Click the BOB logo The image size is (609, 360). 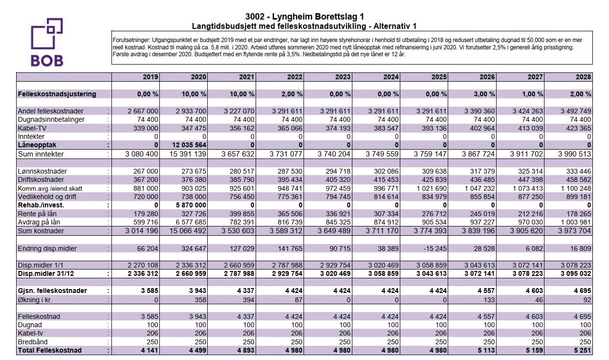click(x=47, y=42)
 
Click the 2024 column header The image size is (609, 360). click(x=391, y=77)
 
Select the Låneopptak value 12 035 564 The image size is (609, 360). click(x=189, y=145)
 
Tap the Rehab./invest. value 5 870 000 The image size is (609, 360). click(x=191, y=205)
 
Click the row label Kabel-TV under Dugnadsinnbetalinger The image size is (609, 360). click(x=32, y=128)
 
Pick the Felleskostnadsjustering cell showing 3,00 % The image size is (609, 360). click(x=484, y=94)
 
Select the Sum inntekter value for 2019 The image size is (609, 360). click(x=141, y=154)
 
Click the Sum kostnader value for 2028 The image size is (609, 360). click(x=574, y=231)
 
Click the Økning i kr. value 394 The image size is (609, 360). click(x=248, y=300)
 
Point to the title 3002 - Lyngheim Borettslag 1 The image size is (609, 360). click(x=304, y=17)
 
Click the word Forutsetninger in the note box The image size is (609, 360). click(x=131, y=40)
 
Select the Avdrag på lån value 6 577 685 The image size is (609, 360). click(x=191, y=222)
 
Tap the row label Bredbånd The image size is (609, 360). click(x=33, y=342)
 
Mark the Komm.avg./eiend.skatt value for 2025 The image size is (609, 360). click(x=432, y=188)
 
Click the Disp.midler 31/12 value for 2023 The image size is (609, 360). click(x=335, y=273)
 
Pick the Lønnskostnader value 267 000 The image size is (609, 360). click(x=146, y=171)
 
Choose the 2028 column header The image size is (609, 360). click(x=583, y=77)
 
